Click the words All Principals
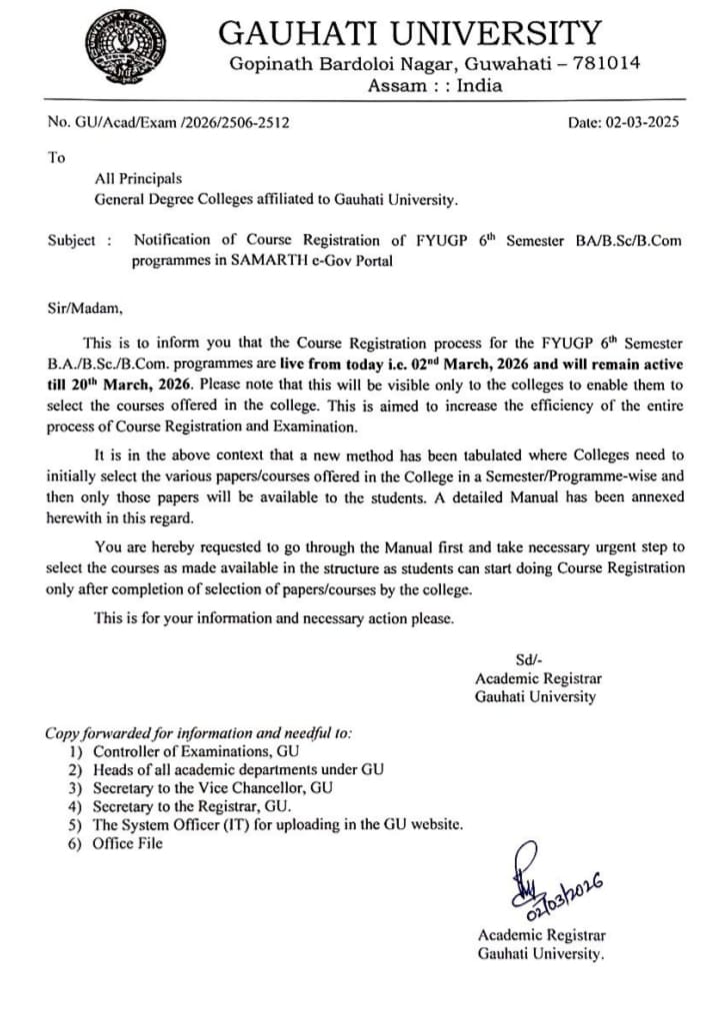pos(138,179)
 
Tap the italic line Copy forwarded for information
pos(198,732)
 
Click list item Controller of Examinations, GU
pos(196,750)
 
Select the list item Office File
pos(127,843)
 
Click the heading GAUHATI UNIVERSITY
pos(410,33)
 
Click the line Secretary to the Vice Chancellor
pos(213,787)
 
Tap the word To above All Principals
pos(56,157)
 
